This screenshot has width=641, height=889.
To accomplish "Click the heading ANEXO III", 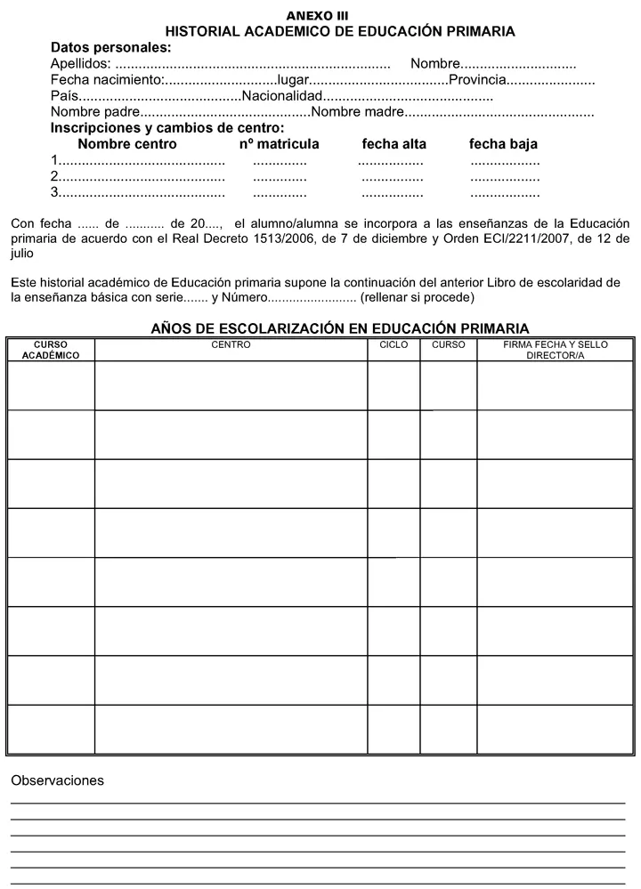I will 317,16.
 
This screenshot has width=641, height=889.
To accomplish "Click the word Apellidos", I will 80,64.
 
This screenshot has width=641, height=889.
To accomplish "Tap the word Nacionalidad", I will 281,96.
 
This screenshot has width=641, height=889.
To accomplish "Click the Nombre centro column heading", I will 127,144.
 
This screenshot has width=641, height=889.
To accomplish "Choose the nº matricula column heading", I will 279,144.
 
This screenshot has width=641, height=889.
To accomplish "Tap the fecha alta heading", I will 394,144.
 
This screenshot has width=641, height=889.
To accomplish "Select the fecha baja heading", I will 503,144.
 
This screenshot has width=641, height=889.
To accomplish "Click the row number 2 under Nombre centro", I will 54,176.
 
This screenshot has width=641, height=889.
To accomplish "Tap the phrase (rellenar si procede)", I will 418,297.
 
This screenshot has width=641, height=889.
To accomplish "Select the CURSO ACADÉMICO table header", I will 51,350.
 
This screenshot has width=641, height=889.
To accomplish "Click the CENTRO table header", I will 231,344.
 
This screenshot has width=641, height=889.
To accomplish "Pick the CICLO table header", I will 394,344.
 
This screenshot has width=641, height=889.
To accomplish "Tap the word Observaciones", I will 57,780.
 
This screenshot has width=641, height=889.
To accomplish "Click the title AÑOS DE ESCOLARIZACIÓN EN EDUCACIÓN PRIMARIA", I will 340,328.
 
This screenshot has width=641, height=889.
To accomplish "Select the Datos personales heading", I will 110,48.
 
